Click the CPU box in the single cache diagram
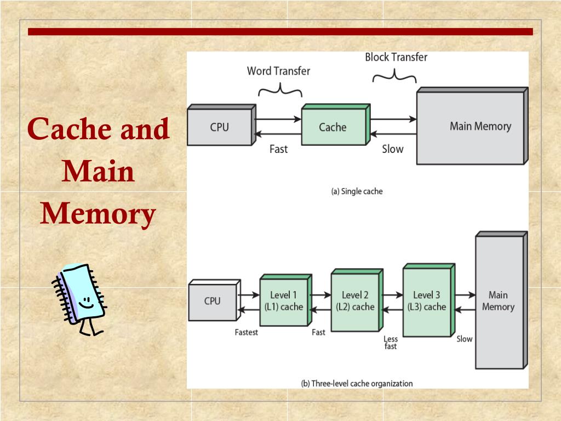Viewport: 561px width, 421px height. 219,127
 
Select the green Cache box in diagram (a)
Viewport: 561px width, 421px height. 333,127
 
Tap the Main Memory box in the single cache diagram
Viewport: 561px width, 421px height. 471,128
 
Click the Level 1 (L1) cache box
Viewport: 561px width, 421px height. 283,301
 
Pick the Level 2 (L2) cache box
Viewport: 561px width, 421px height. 355,302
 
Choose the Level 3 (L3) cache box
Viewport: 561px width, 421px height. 426,301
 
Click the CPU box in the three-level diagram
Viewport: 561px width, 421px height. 212,301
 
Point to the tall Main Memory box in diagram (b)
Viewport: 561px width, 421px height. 499,301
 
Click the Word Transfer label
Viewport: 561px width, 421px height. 278,71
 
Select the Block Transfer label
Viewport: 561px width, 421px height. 396,57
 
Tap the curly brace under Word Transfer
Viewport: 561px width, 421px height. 280,89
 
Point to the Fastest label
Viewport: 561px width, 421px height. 246,332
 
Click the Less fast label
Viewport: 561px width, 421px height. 391,343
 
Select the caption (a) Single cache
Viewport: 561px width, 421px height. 357,191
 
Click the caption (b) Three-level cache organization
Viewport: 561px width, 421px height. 357,384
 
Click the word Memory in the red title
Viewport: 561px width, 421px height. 98,214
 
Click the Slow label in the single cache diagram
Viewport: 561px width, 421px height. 392,149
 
